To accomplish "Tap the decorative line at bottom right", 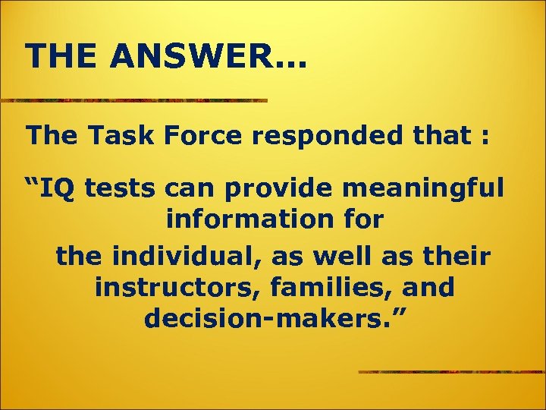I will pos(452,372).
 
